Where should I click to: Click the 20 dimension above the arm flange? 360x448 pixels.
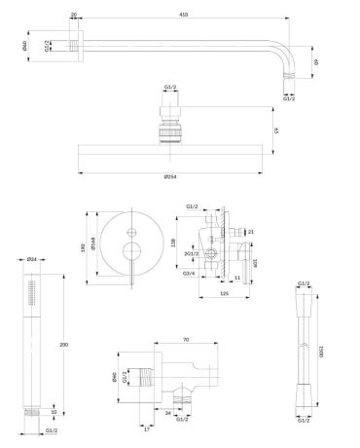point(74,16)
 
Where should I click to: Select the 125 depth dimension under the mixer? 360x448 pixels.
point(224,291)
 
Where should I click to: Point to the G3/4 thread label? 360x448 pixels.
point(188,275)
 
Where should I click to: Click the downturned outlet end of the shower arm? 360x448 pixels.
point(289,74)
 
